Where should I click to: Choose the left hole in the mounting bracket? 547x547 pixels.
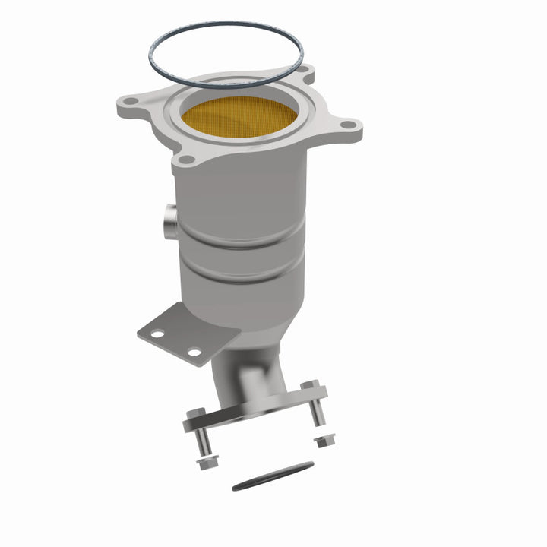[157, 333]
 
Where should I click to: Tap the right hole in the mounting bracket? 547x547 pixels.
[194, 352]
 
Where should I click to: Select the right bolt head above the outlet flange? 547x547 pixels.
[308, 387]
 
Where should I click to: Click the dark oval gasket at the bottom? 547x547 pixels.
[272, 475]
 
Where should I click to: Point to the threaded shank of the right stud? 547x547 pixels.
[315, 410]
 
